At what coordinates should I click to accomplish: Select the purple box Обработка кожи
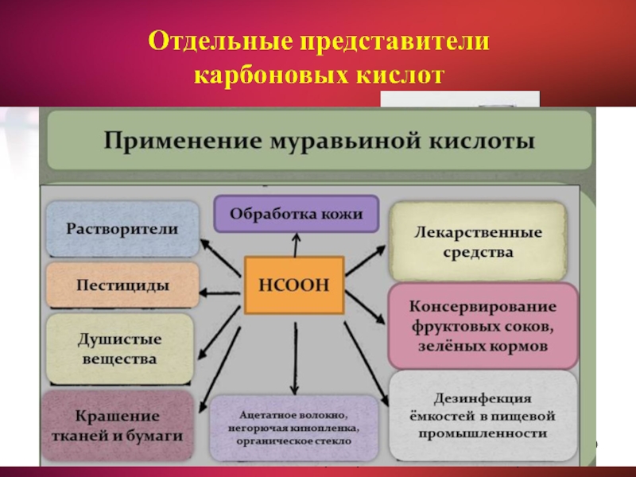[297, 214]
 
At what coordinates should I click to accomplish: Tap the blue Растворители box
[122, 228]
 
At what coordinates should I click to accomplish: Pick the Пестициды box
[122, 285]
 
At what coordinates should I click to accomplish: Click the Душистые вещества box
[119, 348]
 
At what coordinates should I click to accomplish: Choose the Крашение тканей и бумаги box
[118, 425]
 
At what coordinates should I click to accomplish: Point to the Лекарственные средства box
[477, 243]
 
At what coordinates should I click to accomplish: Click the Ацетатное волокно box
[295, 427]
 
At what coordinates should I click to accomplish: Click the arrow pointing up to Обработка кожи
[295, 242]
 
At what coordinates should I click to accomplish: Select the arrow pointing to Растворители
[219, 248]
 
